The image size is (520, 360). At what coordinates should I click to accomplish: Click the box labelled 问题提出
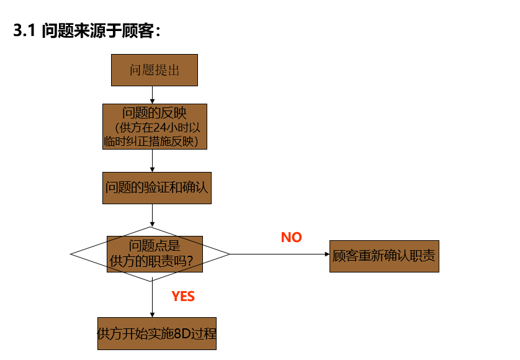pyautogui.click(x=154, y=70)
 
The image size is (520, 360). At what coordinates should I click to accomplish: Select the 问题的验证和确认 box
pyautogui.click(x=156, y=187)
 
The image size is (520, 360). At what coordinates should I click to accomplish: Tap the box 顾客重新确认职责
pyautogui.click(x=384, y=256)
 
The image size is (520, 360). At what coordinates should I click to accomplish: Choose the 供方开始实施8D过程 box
pyautogui.click(x=157, y=333)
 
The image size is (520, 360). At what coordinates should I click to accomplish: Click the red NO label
pyautogui.click(x=291, y=237)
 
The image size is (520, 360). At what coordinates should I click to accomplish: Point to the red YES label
pyautogui.click(x=183, y=297)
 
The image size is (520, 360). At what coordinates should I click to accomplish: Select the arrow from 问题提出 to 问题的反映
pyautogui.click(x=153, y=94)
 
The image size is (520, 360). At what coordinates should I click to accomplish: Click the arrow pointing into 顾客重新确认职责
pyautogui.click(x=279, y=254)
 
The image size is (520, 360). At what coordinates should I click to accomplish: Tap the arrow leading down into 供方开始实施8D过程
pyautogui.click(x=153, y=299)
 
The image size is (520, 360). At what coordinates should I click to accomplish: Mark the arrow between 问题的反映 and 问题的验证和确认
pyautogui.click(x=153, y=161)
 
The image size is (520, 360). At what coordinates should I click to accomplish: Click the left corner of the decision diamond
pyautogui.click(x=72, y=254)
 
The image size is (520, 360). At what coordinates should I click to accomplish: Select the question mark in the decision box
pyautogui.click(x=198, y=263)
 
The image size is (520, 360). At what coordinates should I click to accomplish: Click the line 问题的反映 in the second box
pyautogui.click(x=154, y=114)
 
